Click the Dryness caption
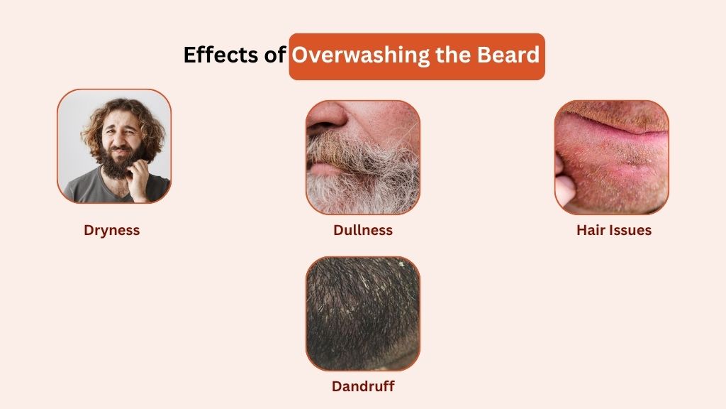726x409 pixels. (x=112, y=230)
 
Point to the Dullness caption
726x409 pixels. (x=362, y=230)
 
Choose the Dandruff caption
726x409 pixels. (x=362, y=387)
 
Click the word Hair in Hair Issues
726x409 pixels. (x=591, y=230)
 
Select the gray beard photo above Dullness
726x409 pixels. (x=362, y=157)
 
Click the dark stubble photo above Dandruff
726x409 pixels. (x=362, y=314)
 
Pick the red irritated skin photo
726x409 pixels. (x=611, y=157)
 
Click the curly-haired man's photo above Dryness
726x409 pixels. (x=113, y=146)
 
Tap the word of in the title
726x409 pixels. (x=276, y=55)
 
